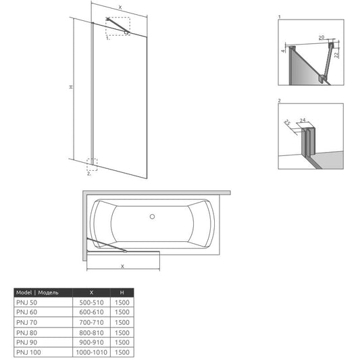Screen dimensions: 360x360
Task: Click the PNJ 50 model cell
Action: (26, 303)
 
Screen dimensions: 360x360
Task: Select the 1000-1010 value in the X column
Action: (92, 352)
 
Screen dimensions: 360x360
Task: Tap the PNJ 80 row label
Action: (26, 333)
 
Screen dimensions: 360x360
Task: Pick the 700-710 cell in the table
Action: (91, 323)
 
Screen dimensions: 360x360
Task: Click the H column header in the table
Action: (122, 292)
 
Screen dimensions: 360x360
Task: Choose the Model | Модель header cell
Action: (37, 292)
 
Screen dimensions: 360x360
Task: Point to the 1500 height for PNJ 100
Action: (122, 352)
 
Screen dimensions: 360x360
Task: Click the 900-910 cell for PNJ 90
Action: (91, 342)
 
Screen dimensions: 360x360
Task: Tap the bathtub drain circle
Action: (152, 216)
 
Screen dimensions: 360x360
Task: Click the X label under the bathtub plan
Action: (122, 266)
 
